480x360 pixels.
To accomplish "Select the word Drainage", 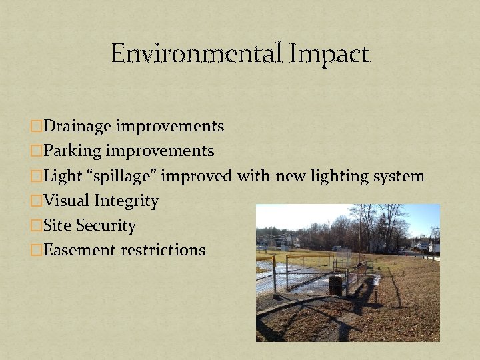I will (x=79, y=125).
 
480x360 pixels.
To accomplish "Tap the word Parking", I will (x=74, y=151).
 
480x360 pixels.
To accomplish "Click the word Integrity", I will (x=127, y=201).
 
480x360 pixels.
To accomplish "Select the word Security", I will (x=107, y=225).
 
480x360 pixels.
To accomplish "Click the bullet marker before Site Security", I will (x=37, y=226).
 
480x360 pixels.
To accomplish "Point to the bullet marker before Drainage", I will (x=37, y=126).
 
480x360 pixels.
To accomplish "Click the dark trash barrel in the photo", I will (x=337, y=284).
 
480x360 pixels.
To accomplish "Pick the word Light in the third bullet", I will (x=63, y=176).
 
